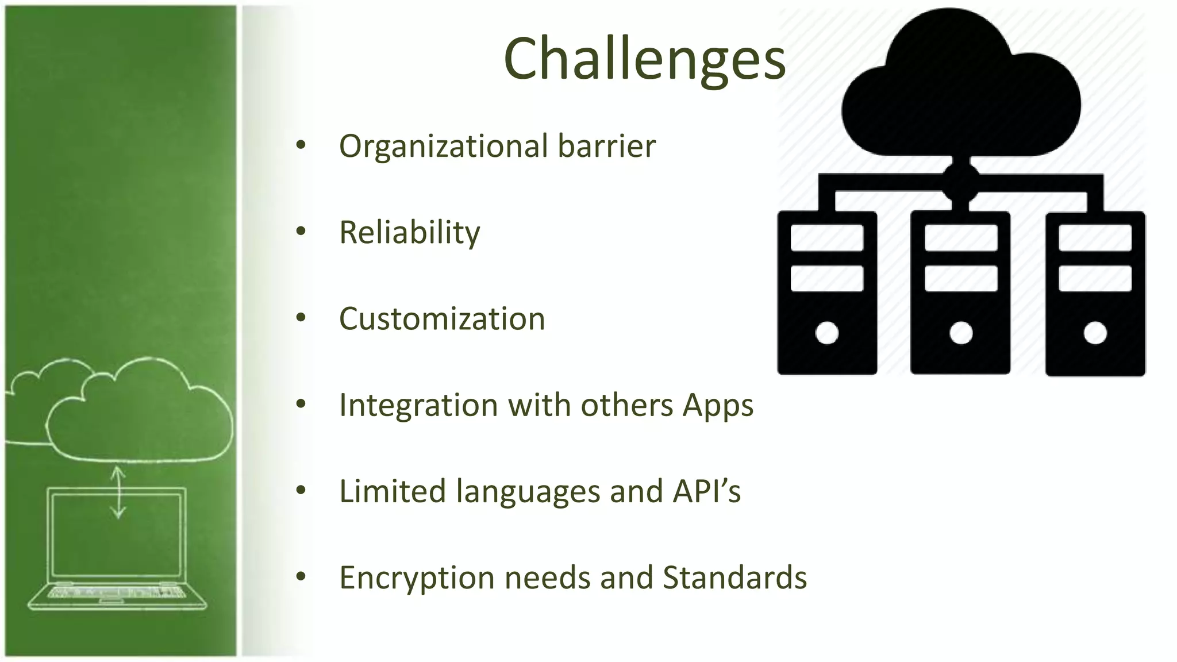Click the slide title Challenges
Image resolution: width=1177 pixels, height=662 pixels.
pyautogui.click(x=644, y=59)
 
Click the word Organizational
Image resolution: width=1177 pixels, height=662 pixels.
pyautogui.click(x=443, y=147)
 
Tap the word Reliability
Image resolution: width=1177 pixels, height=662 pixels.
pyautogui.click(x=409, y=233)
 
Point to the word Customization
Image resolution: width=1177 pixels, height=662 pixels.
pyautogui.click(x=442, y=319)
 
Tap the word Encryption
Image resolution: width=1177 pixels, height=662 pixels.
pyautogui.click(x=417, y=579)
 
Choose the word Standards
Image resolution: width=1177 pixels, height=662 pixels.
pyautogui.click(x=734, y=578)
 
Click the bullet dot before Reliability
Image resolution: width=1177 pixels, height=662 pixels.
pyautogui.click(x=301, y=232)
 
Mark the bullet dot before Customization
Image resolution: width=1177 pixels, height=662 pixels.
pyautogui.click(x=301, y=318)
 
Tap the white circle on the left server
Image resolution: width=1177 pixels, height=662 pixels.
pyautogui.click(x=827, y=333)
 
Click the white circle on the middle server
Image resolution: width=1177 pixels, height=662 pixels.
pyautogui.click(x=961, y=333)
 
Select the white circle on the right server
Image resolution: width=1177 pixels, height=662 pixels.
pyautogui.click(x=1095, y=333)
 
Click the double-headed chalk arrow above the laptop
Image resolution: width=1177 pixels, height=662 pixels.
pyautogui.click(x=118, y=492)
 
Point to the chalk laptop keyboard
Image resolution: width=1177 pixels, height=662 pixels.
pyautogui.click(x=117, y=592)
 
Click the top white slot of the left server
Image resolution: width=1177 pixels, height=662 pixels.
pyautogui.click(x=827, y=238)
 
